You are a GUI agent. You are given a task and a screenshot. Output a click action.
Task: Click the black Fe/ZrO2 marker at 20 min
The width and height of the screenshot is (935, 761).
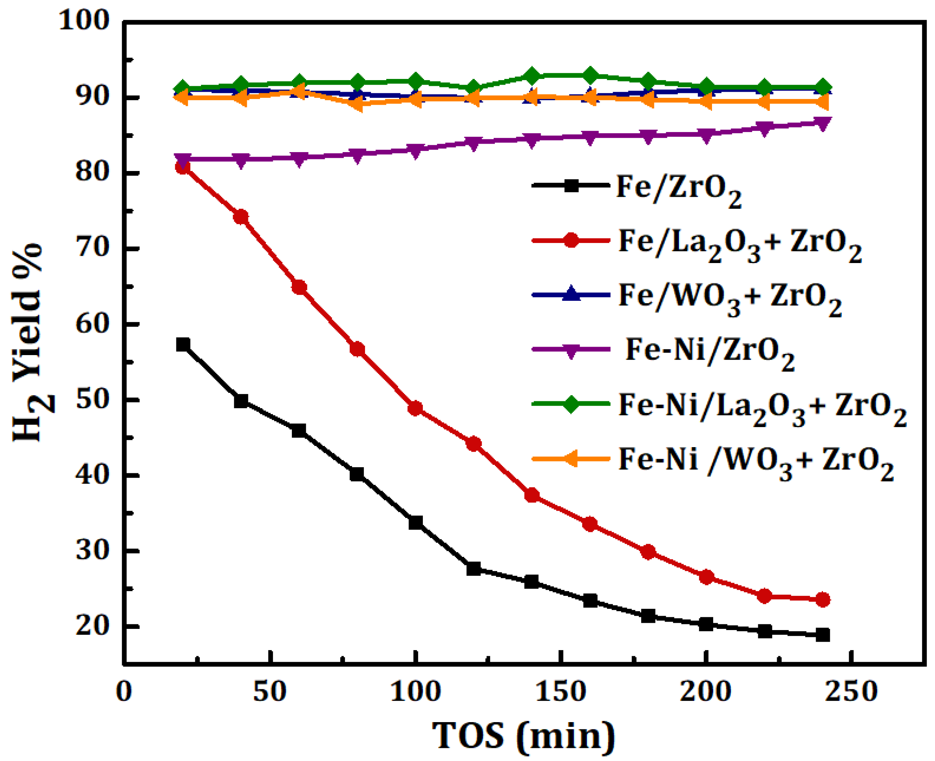pyautogui.click(x=183, y=345)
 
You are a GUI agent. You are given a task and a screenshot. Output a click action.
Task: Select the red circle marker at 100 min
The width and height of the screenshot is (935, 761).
pyautogui.click(x=415, y=409)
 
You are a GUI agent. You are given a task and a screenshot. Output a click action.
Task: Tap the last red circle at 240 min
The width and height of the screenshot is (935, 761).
pyautogui.click(x=822, y=600)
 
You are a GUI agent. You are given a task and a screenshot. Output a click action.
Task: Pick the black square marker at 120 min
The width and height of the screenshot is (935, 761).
pyautogui.click(x=473, y=569)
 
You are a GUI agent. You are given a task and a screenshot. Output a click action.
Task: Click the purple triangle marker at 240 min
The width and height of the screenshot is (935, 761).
pyautogui.click(x=822, y=123)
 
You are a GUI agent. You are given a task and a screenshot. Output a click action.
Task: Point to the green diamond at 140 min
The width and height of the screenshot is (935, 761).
pyautogui.click(x=532, y=76)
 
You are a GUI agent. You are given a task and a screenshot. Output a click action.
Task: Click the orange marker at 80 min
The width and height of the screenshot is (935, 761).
pyautogui.click(x=357, y=104)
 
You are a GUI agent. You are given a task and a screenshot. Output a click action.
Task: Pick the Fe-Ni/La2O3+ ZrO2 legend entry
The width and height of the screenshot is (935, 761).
pyautogui.click(x=762, y=409)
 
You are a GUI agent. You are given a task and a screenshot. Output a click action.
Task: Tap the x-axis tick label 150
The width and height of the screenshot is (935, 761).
pyautogui.click(x=560, y=692)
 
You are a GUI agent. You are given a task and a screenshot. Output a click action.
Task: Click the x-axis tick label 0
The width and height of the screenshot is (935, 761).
pyautogui.click(x=124, y=692)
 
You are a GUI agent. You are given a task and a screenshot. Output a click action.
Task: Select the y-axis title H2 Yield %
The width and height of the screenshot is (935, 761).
pyautogui.click(x=31, y=342)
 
